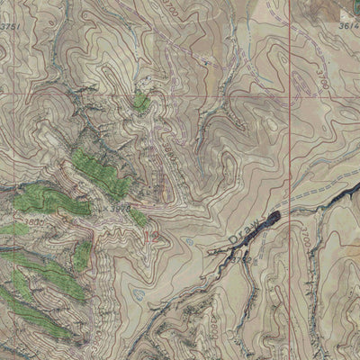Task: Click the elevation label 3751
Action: point(10,28)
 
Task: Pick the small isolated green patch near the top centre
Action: point(140,102)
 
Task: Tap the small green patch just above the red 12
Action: point(139,217)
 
